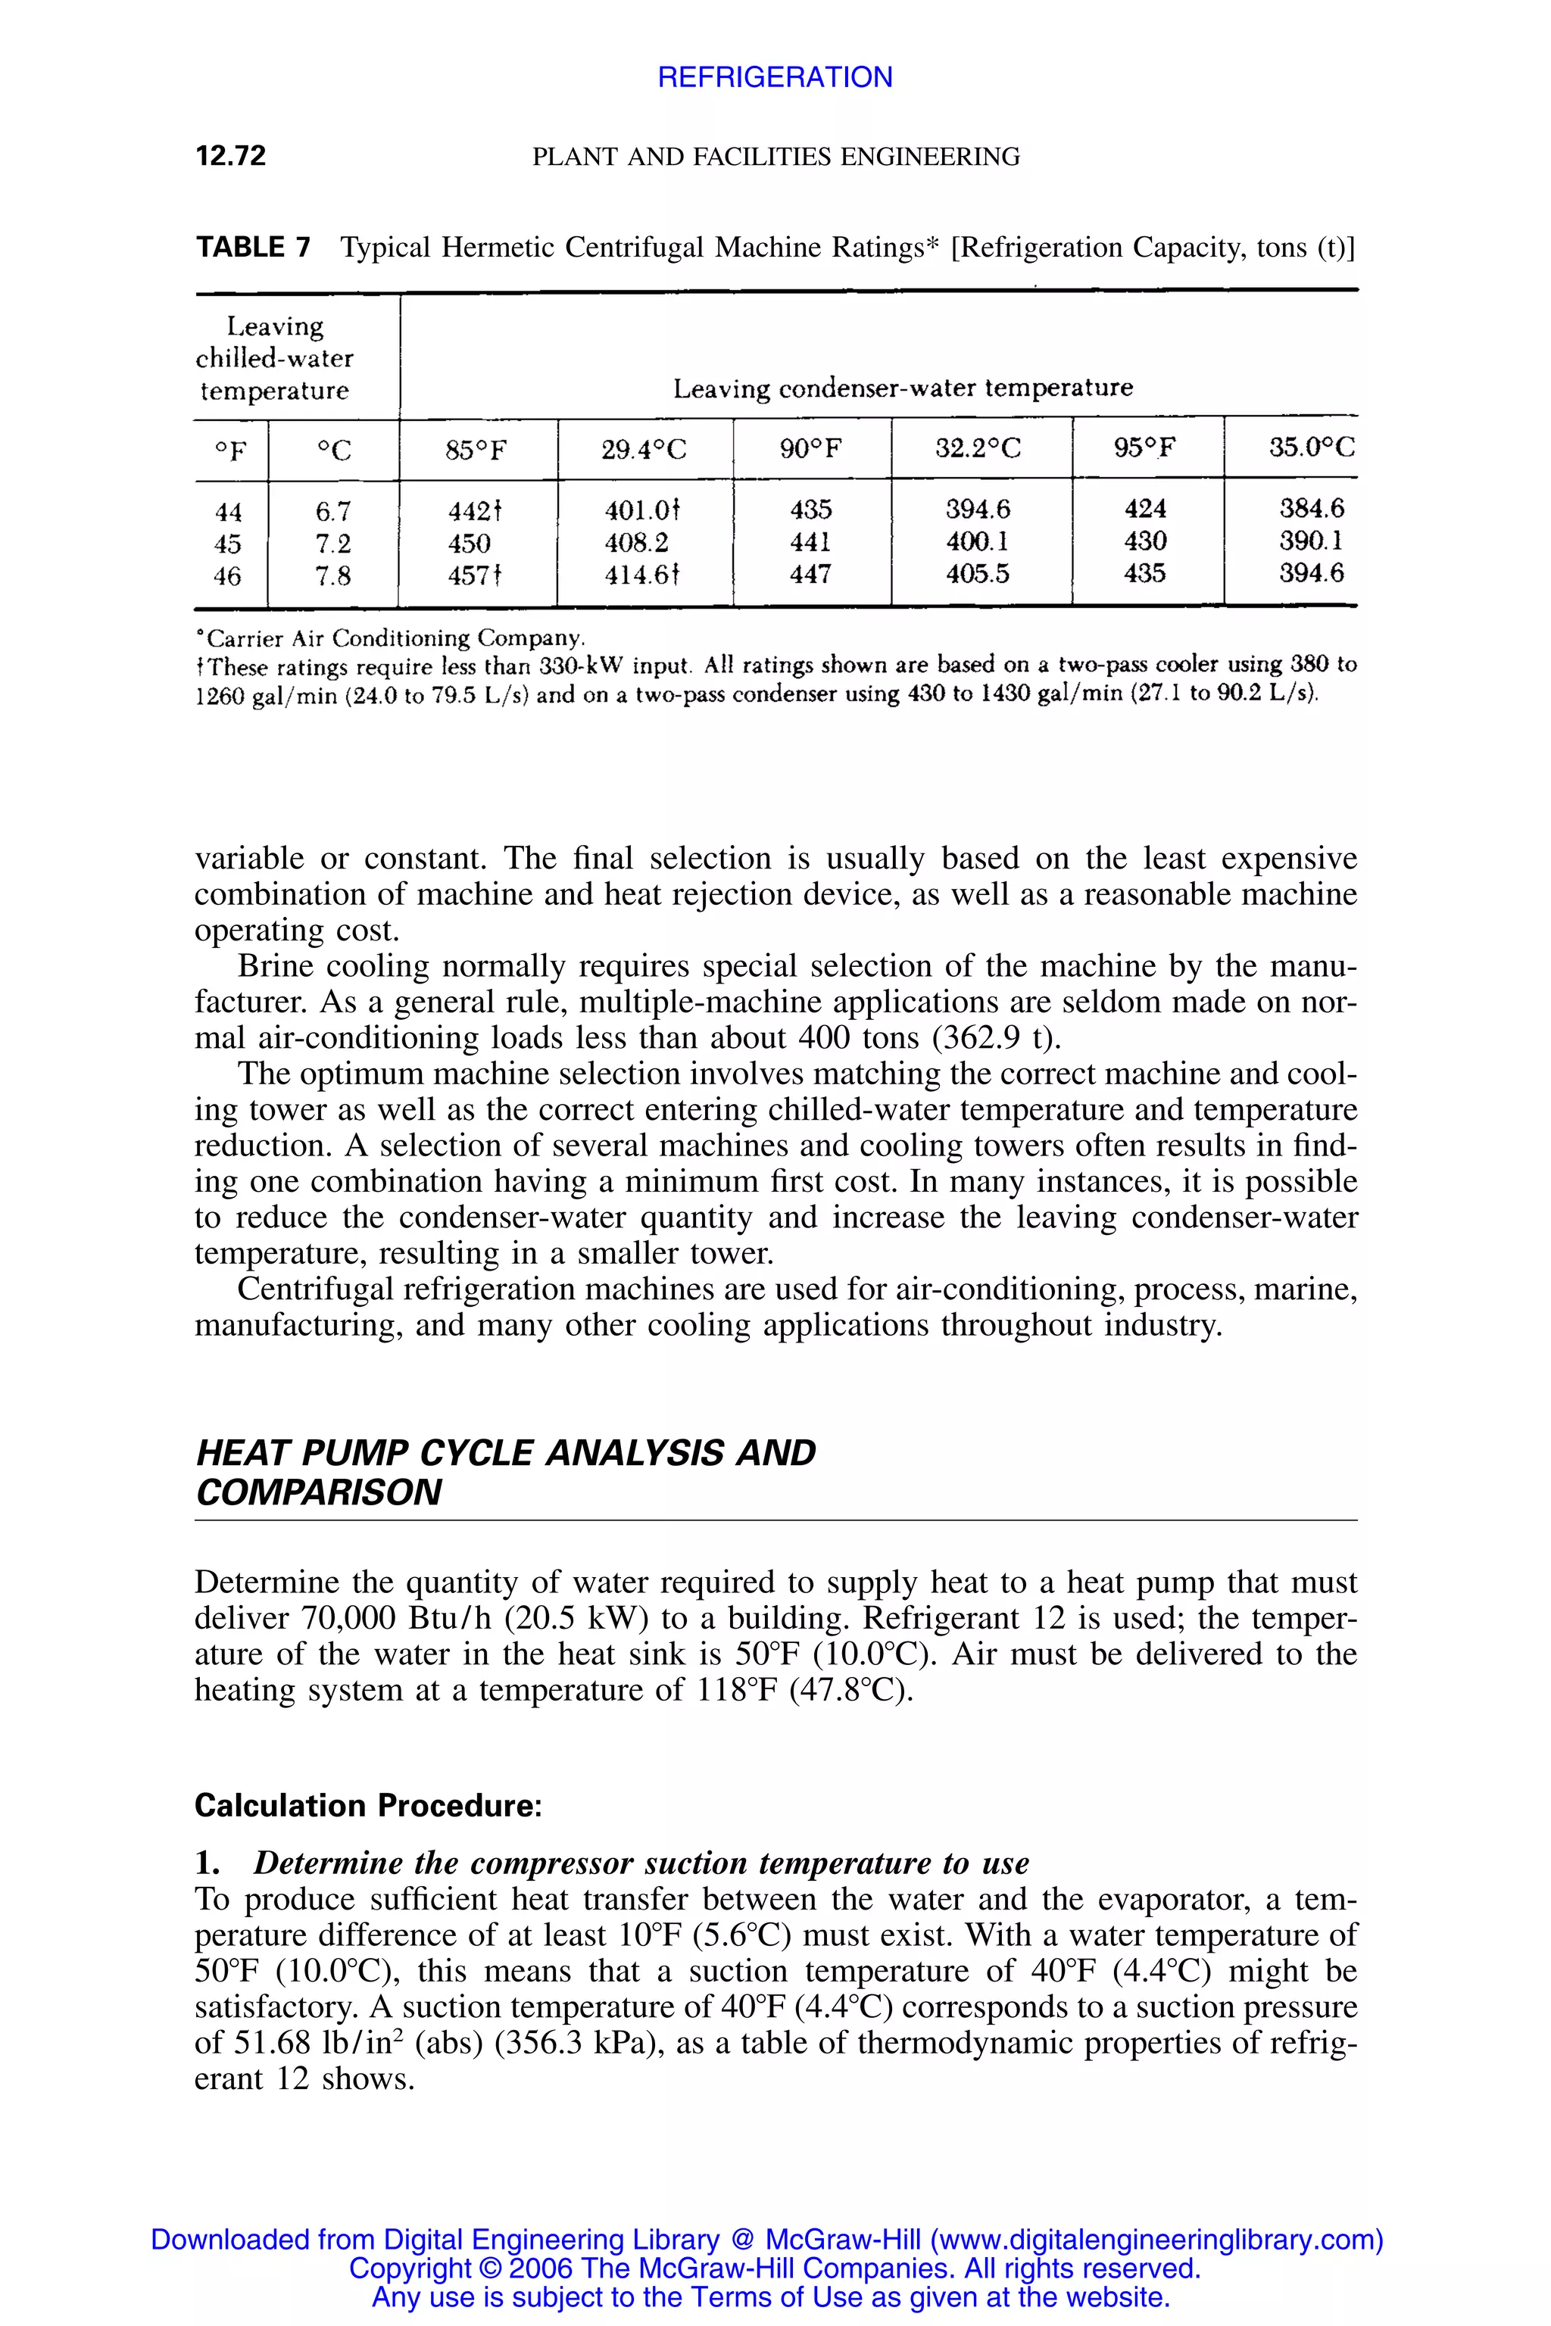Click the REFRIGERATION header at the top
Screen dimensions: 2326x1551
coord(775,77)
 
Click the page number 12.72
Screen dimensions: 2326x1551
coord(230,156)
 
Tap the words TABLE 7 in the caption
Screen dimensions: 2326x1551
coord(253,248)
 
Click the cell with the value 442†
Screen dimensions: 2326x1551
coord(476,511)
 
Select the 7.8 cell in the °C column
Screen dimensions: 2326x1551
coord(333,575)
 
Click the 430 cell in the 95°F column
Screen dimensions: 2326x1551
coord(1144,541)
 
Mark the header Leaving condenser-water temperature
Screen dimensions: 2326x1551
coord(902,388)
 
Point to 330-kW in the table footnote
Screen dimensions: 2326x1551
coord(582,666)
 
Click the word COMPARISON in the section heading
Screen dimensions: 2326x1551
coord(319,1492)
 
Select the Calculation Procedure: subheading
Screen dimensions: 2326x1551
coord(368,1805)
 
